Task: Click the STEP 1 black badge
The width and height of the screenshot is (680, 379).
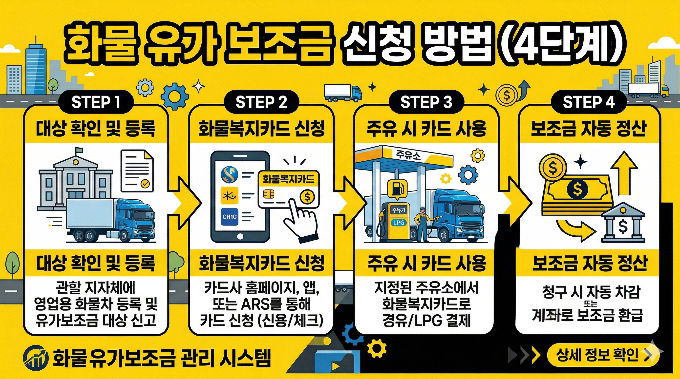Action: click(x=96, y=102)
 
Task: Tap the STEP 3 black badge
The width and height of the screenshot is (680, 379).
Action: click(x=426, y=102)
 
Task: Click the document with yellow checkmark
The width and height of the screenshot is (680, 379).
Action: click(x=137, y=171)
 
